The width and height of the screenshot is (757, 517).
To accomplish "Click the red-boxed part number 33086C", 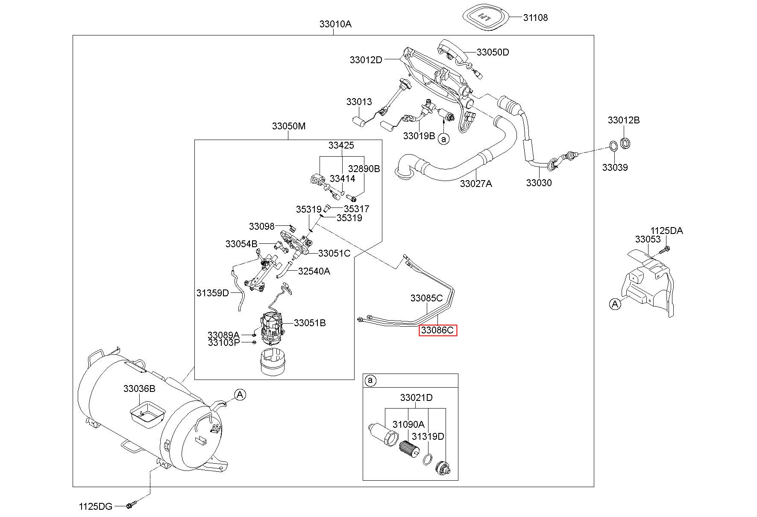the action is (437, 330).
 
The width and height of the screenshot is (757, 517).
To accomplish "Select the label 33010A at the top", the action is (335, 24).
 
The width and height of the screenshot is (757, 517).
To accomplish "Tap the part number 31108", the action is (535, 18).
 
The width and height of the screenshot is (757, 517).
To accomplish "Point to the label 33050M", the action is (289, 126).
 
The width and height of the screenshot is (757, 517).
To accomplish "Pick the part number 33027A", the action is (476, 184).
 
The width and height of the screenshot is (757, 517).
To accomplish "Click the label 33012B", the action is (624, 120).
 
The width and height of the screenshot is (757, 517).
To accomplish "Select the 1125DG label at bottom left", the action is (96, 506).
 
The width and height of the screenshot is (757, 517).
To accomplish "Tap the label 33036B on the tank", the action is (139, 388).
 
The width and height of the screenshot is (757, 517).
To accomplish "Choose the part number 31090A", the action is (408, 424).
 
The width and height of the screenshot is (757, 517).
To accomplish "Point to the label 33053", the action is (648, 239).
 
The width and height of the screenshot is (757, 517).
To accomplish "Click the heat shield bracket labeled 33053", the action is (648, 282).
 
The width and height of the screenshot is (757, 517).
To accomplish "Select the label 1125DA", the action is (667, 231).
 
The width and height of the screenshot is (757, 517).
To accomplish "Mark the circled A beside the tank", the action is (240, 394).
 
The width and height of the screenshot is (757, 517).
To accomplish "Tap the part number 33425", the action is (341, 145).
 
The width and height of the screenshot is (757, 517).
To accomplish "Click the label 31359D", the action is (213, 292).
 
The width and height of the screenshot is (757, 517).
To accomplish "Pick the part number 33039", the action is (615, 167).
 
